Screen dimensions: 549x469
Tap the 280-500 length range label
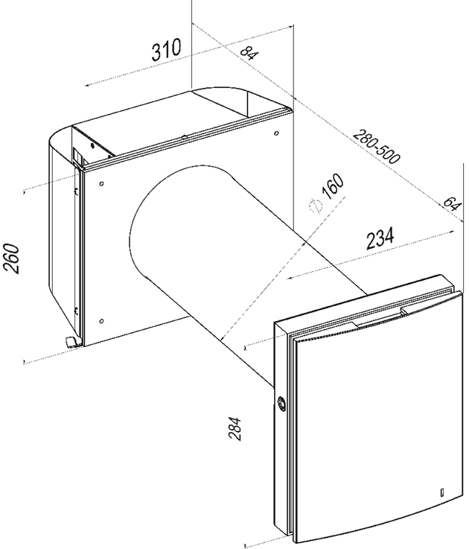tap(376, 147)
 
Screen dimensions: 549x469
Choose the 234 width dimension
tap(380, 239)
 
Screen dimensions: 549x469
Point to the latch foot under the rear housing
tap(71, 342)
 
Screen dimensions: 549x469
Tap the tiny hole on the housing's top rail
tap(184, 136)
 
